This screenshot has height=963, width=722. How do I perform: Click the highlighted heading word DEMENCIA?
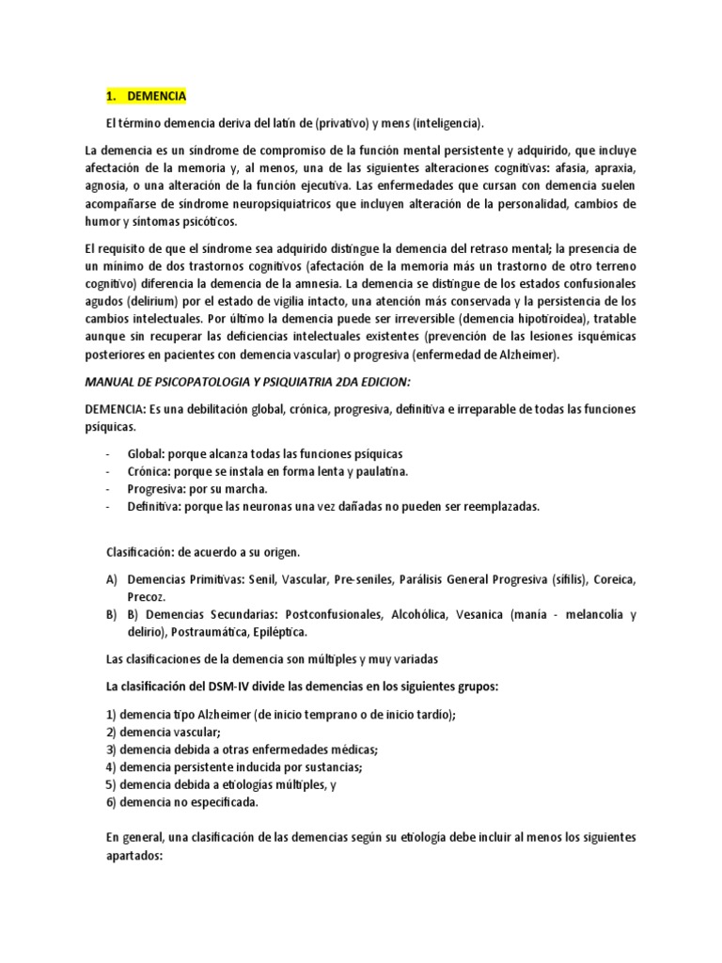pos(157,96)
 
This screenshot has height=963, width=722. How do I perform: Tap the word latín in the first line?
pos(281,123)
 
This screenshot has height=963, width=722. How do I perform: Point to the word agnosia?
pos(105,186)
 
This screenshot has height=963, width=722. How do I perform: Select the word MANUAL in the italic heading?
pos(110,384)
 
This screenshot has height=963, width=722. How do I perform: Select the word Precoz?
pos(147,596)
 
